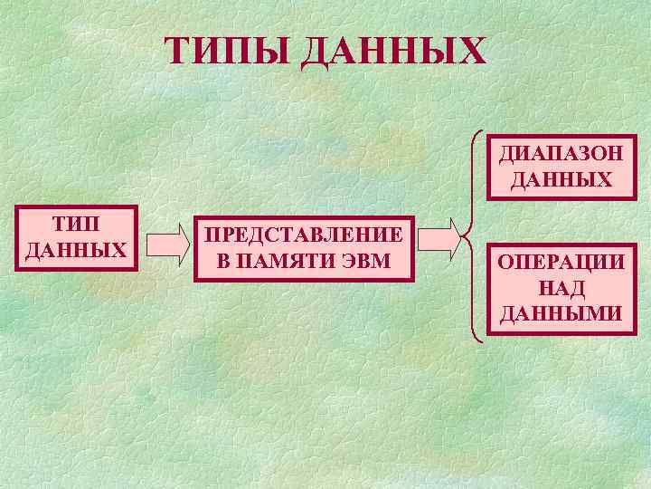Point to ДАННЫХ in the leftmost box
[76, 248]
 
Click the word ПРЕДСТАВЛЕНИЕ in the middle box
[304, 235]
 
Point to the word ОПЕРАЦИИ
[561, 263]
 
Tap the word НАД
[561, 288]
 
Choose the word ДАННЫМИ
[561, 313]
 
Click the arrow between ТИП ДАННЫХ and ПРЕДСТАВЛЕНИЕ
[165, 244]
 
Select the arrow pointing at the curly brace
[445, 236]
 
